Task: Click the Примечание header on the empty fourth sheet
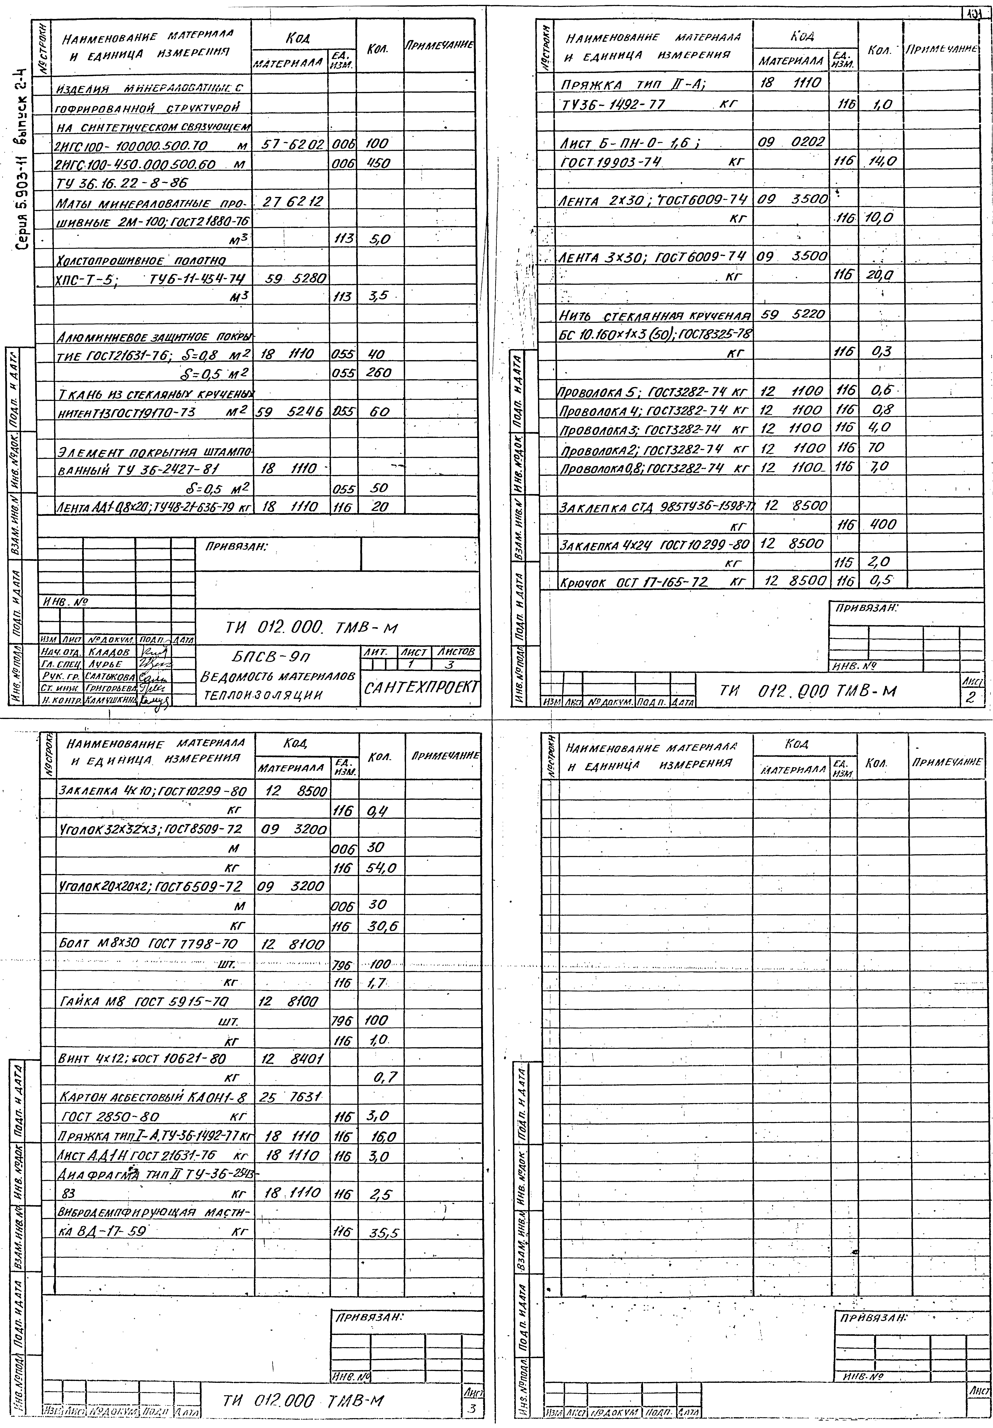point(946,762)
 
